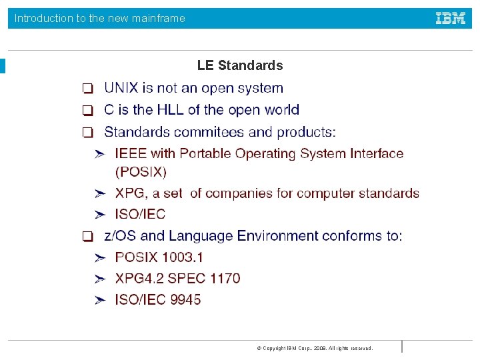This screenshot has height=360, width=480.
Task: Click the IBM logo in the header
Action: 451,19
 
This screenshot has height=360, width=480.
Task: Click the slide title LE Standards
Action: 240,65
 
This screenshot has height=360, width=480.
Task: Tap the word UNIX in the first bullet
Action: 122,88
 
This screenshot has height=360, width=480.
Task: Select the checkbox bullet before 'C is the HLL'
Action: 87,111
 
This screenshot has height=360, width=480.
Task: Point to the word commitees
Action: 204,132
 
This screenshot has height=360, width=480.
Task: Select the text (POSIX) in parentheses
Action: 141,172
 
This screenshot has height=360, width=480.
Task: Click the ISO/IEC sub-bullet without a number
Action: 140,214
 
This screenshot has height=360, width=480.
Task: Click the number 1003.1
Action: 181,257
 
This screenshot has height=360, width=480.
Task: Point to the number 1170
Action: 225,278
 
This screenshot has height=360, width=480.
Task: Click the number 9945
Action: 185,299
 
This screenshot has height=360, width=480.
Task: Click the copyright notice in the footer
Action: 315,348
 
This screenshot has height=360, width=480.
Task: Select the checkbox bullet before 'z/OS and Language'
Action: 87,237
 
